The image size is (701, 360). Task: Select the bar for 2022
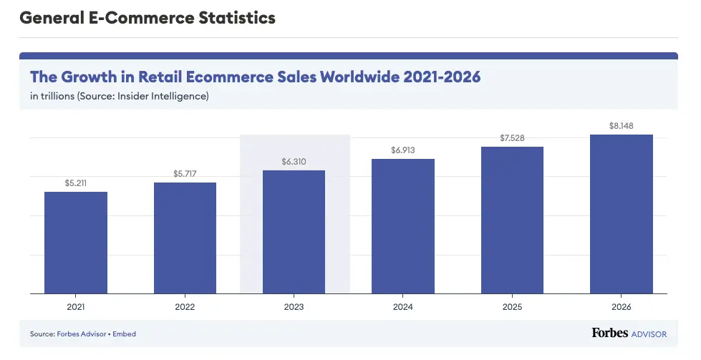point(185,238)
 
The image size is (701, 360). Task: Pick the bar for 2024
point(403,225)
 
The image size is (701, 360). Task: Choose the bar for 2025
point(512,220)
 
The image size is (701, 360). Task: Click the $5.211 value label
point(76,184)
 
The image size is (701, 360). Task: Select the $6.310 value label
point(294,162)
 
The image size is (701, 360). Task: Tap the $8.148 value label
point(621,126)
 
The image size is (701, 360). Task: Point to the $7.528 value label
point(512,138)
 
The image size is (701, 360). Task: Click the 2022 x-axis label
point(185,307)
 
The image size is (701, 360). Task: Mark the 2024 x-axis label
point(403,307)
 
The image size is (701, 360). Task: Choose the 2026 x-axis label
point(621,307)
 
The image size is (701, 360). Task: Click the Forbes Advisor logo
point(629,334)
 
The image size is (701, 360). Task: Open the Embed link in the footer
point(124,334)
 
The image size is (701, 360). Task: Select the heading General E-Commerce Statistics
point(148,19)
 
